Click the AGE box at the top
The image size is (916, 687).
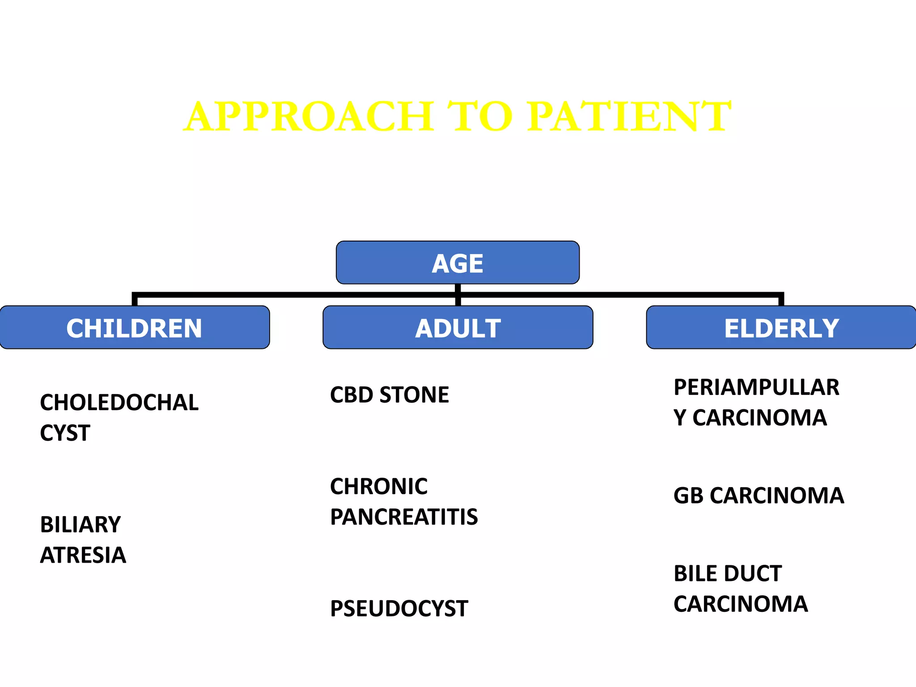[x=458, y=263]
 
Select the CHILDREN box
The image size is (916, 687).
[x=134, y=328]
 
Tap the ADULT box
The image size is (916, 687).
[x=458, y=328]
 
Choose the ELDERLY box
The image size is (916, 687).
[x=781, y=328]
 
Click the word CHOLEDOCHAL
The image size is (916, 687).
[x=119, y=403]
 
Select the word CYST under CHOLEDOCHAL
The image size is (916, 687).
[x=65, y=433]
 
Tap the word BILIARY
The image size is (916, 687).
[x=81, y=525]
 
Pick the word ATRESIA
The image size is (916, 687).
[x=83, y=555]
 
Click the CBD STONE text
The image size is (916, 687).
[x=389, y=395]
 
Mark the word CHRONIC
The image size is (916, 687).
[x=378, y=486]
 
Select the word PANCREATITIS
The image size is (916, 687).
[x=404, y=517]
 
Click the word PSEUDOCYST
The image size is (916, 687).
[x=399, y=609]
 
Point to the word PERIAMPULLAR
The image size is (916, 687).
[x=756, y=387]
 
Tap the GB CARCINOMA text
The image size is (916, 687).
[x=759, y=496]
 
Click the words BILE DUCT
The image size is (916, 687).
[x=728, y=573]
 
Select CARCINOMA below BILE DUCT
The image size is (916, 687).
[x=741, y=604]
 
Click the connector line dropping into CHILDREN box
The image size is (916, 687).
[x=134, y=300]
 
